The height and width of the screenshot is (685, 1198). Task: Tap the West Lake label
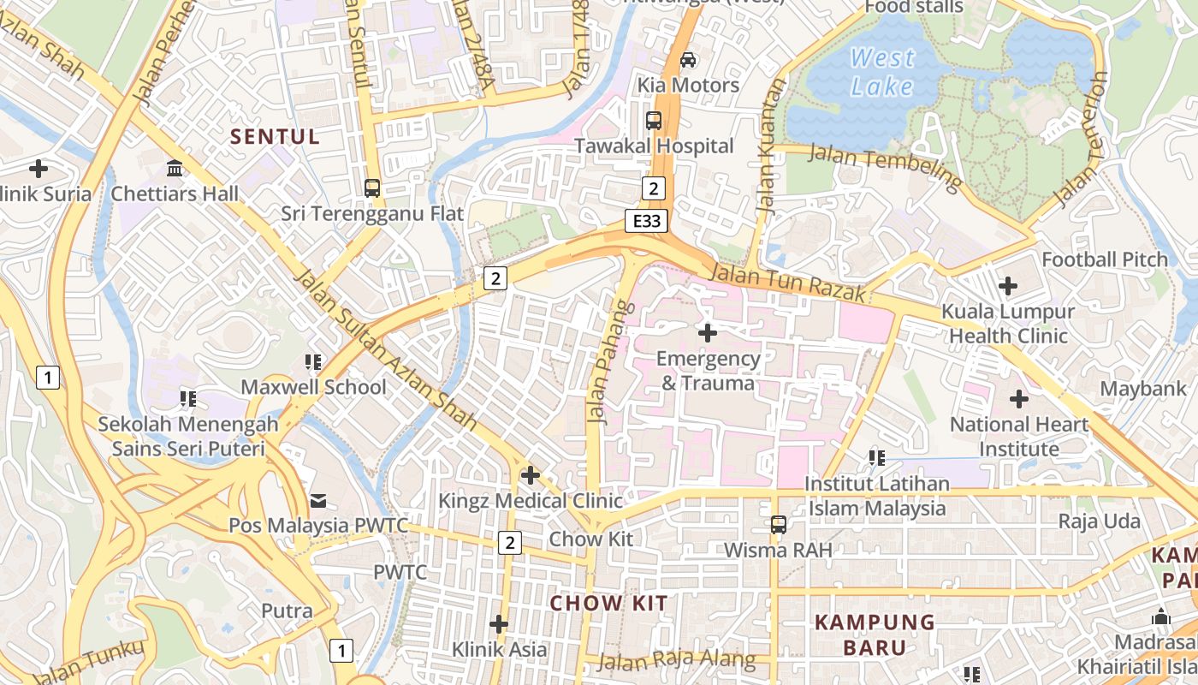point(882,72)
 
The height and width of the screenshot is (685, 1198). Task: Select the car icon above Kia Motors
point(687,60)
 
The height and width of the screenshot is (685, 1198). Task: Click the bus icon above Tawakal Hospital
point(654,121)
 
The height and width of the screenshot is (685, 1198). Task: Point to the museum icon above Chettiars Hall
point(175,168)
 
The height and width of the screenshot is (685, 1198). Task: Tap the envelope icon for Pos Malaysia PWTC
point(318,500)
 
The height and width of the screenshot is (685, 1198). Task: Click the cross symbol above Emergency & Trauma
point(708,332)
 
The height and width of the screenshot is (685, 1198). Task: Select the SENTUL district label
point(276,137)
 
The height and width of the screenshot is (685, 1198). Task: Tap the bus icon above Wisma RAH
point(778,524)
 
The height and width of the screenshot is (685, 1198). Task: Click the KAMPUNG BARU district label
point(875,634)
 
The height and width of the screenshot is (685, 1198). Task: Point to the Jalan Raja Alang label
point(676,660)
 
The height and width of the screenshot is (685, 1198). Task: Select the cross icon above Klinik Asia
point(499,624)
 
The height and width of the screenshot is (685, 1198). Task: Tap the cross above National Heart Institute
point(1018,399)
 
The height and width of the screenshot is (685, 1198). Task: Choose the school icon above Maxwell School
point(313,362)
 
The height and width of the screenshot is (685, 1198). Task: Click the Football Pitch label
point(1104,259)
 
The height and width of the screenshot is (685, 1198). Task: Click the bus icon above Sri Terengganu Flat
point(372,188)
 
